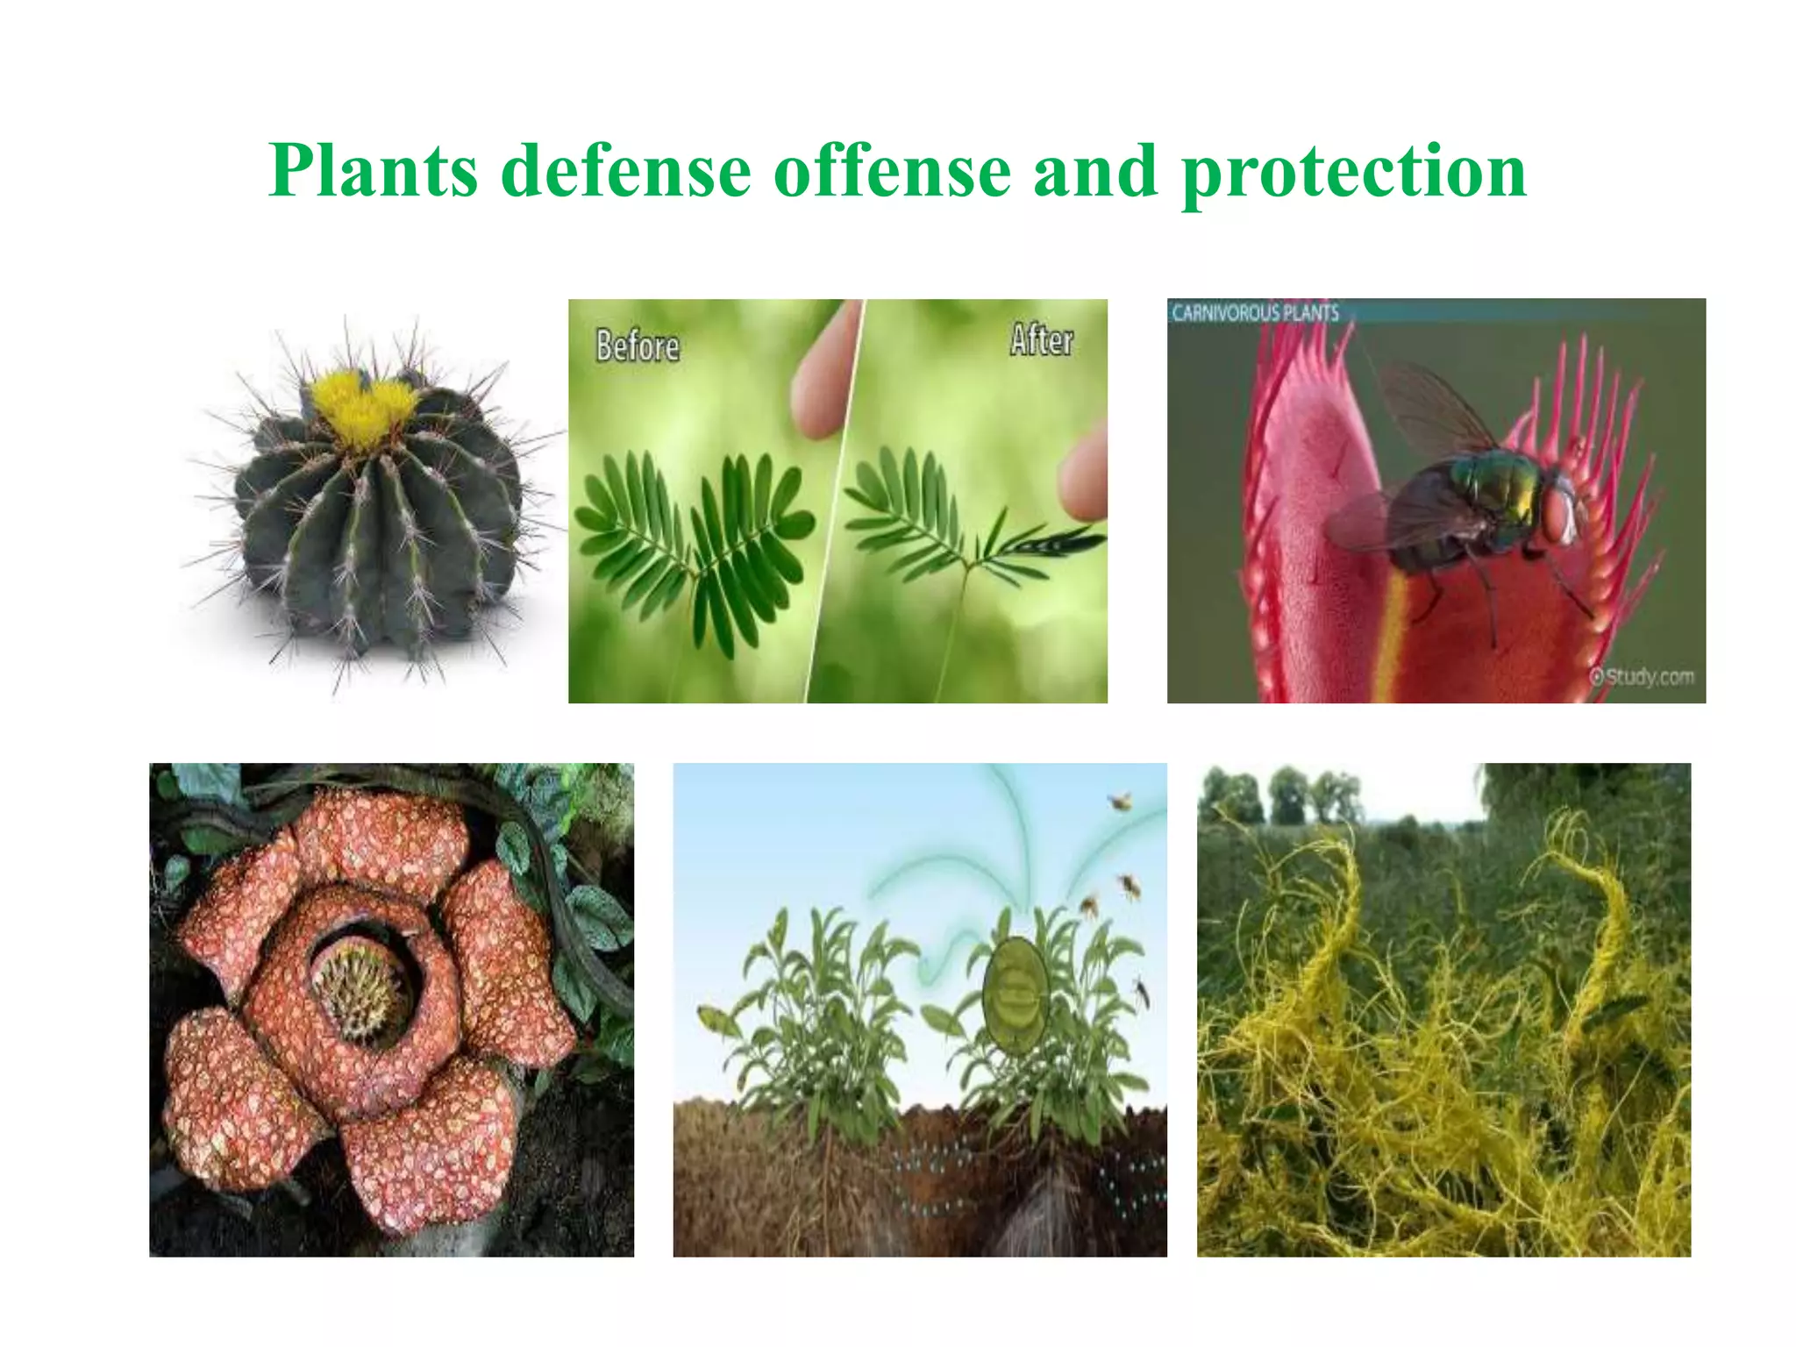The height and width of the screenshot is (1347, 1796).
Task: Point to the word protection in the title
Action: (1354, 173)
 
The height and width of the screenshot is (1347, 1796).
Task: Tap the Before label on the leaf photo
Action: (638, 346)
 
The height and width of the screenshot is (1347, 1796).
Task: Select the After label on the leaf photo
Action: (1041, 339)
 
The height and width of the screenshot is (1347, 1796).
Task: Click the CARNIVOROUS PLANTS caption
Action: (1255, 313)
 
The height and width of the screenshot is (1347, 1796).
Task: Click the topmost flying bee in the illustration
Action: (1120, 800)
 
